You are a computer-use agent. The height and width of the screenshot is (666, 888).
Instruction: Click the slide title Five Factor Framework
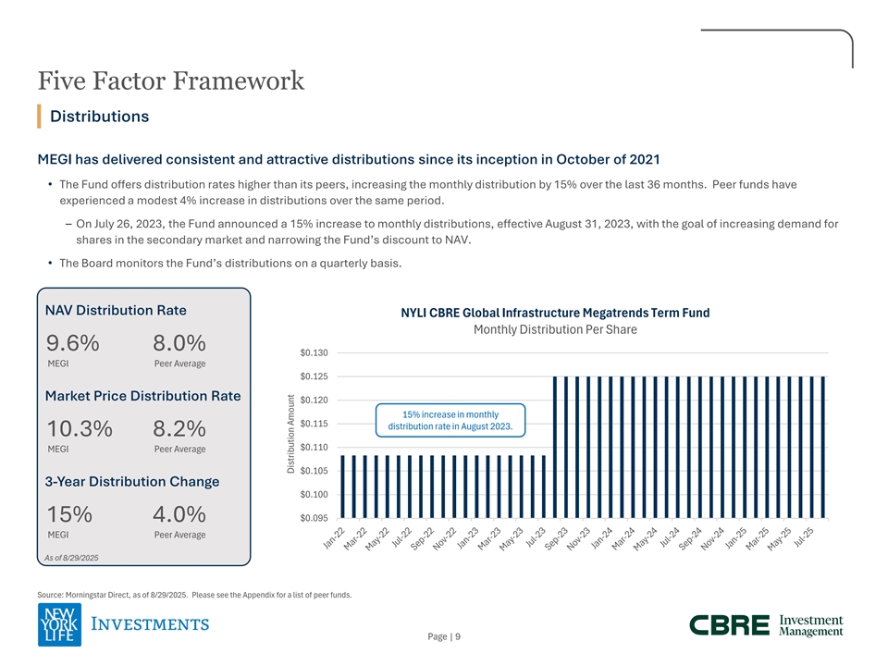[171, 81]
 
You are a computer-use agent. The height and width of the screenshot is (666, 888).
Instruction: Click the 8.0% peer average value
[179, 343]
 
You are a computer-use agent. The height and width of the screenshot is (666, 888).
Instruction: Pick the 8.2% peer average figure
[179, 429]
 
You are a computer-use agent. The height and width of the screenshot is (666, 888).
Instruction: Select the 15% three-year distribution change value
[68, 514]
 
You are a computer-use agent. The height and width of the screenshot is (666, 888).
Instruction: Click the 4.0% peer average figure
[179, 514]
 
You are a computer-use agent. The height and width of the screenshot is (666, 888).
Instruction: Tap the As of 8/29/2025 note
[71, 557]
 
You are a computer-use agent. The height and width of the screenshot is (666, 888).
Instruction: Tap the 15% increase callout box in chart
[450, 420]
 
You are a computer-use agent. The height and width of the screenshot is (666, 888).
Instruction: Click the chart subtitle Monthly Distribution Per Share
[555, 330]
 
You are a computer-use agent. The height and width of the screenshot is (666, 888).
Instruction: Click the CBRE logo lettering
[729, 625]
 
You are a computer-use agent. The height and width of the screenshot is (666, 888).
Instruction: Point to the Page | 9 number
[444, 635]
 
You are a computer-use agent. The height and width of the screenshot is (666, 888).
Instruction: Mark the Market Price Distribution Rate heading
[142, 396]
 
